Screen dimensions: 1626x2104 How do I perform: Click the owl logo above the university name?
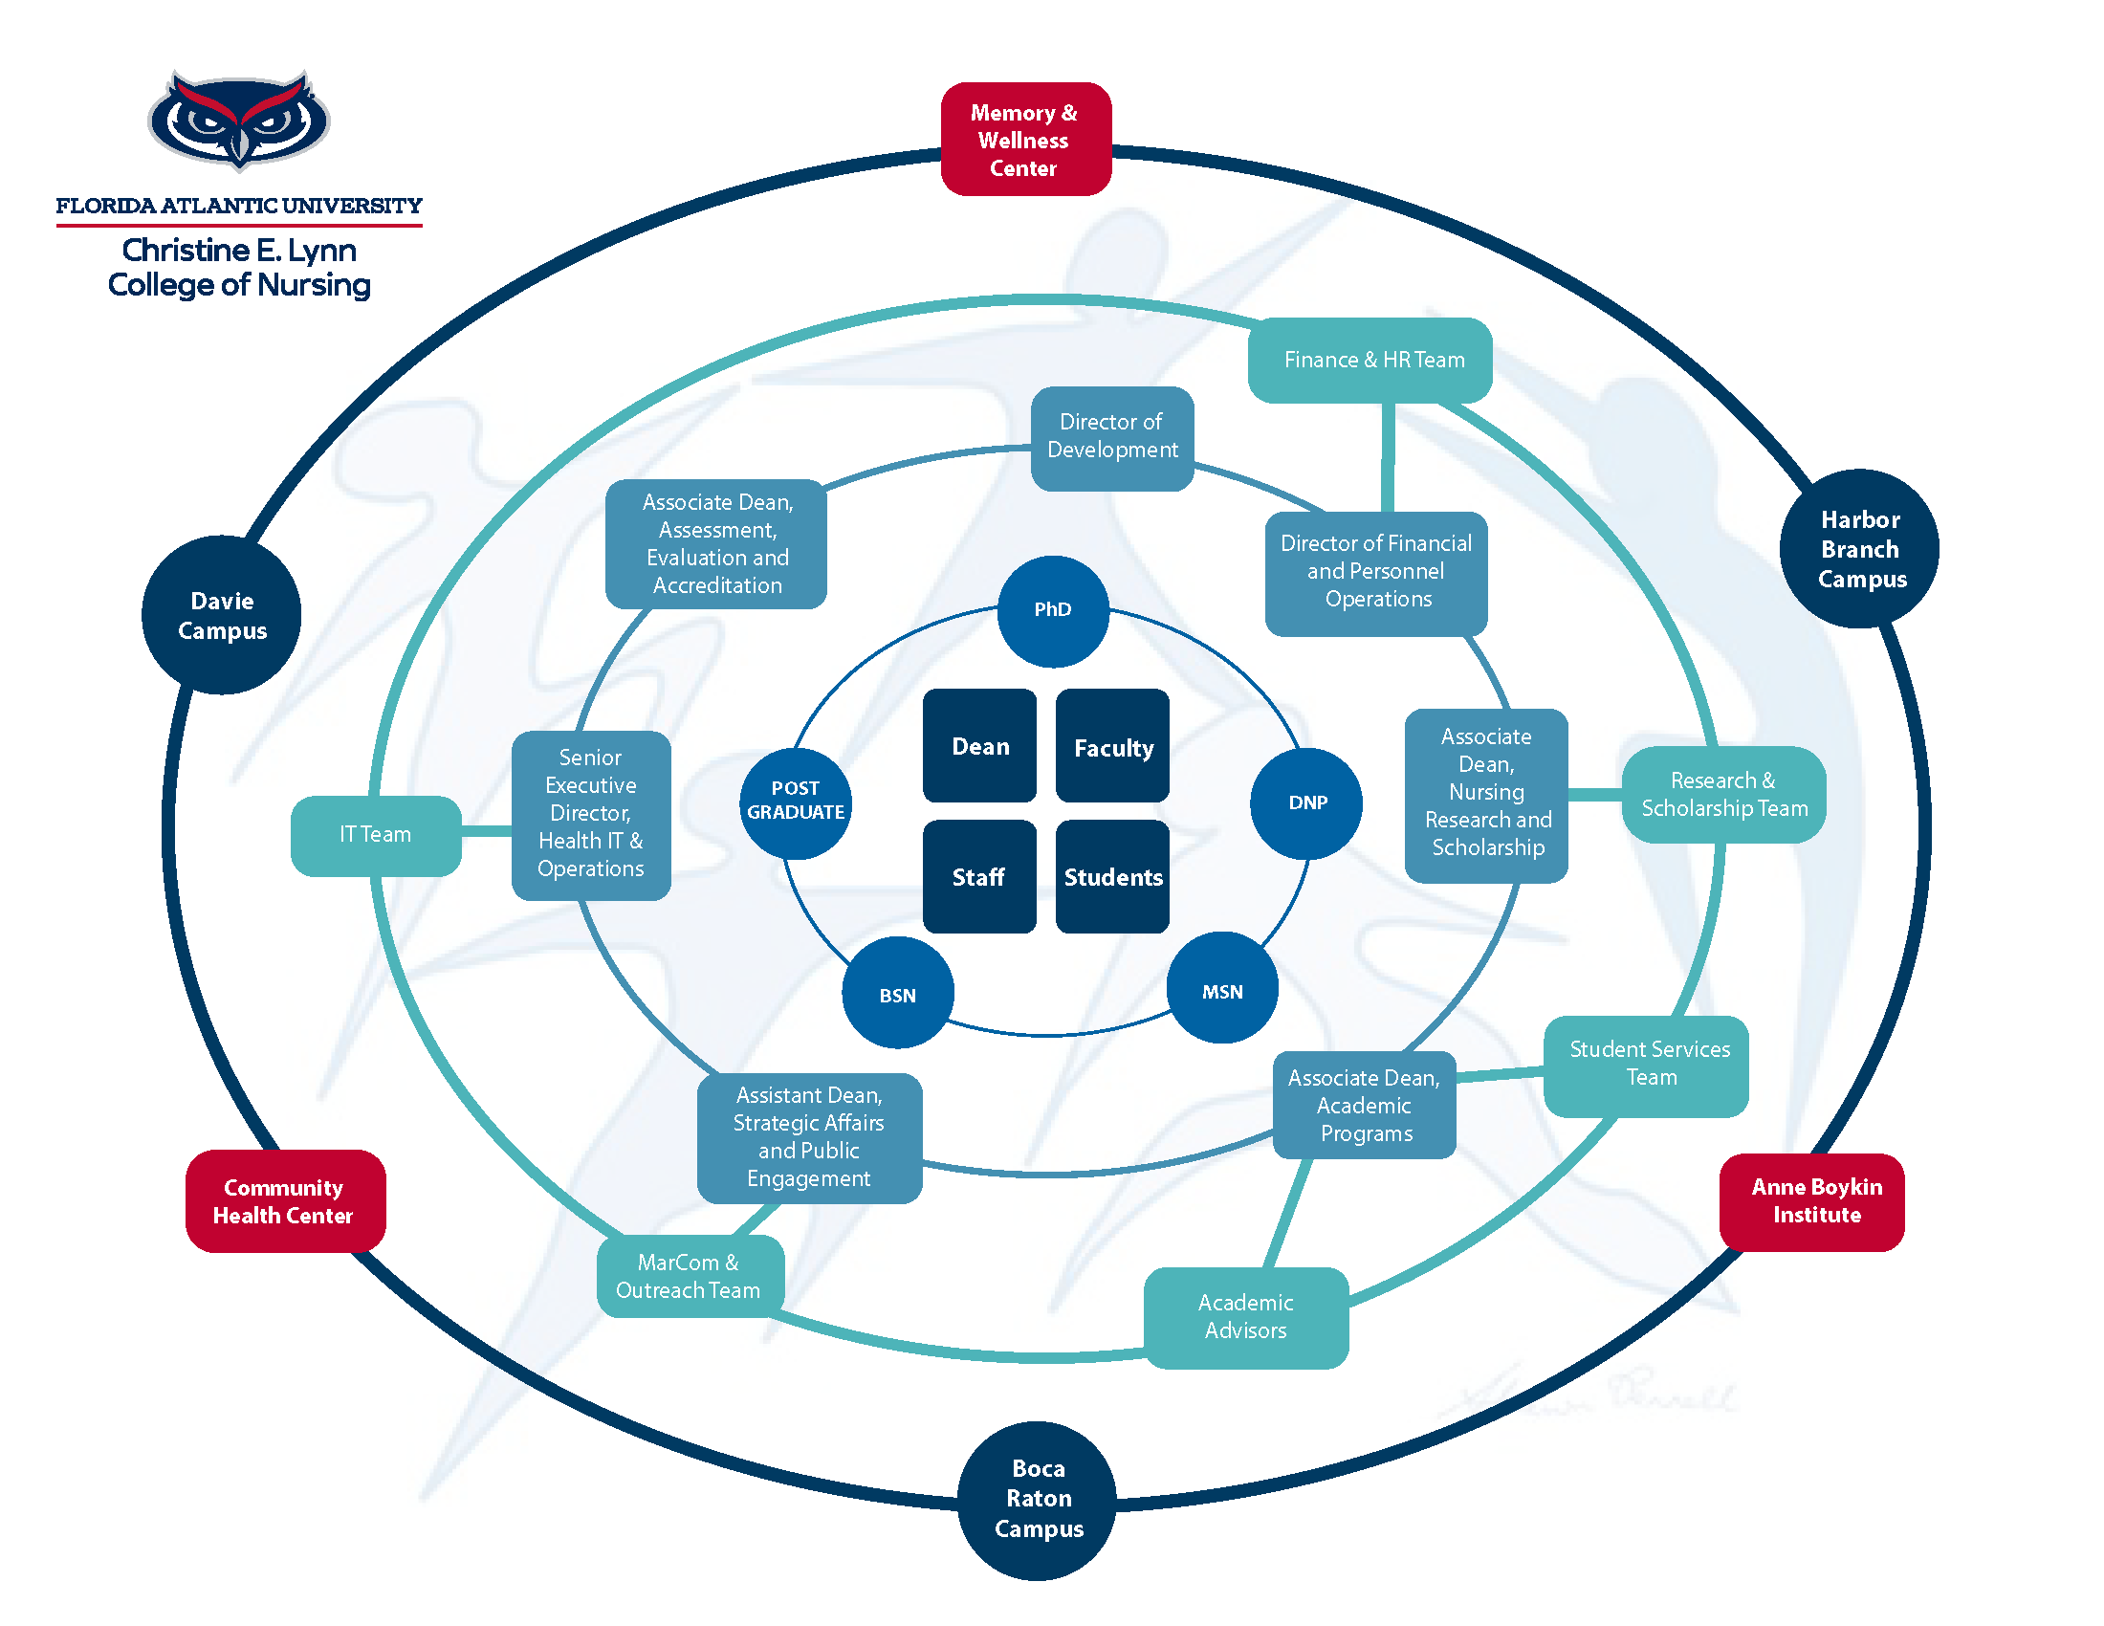[238, 119]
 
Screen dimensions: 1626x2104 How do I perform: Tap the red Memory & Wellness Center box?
[1025, 140]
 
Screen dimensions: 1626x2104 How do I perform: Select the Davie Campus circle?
[222, 615]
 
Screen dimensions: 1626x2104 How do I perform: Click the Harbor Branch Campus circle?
[1858, 548]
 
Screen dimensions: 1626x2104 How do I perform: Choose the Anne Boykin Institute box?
[1811, 1200]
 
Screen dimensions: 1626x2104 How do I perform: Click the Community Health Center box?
[285, 1200]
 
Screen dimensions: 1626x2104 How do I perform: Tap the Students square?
[1111, 875]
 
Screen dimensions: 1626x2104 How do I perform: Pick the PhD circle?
[1052, 610]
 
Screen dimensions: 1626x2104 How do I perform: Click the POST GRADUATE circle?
[795, 801]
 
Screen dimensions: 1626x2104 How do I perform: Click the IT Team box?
[375, 834]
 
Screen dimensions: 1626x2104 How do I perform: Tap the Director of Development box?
[1111, 437]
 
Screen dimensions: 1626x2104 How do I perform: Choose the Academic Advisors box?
[1244, 1316]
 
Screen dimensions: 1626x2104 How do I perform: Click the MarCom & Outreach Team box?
[689, 1275]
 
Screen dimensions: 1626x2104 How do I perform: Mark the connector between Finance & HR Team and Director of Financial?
[1388, 457]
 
